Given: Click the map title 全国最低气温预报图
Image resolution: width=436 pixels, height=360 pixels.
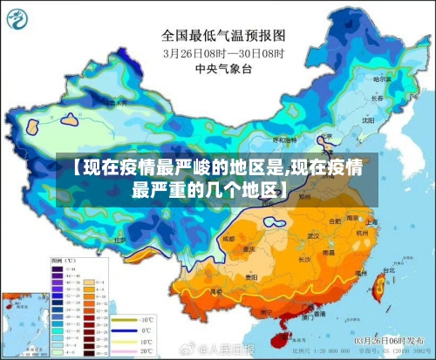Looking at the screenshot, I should coord(223,36).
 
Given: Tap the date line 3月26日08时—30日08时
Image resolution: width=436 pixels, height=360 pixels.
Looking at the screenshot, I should coord(223,52).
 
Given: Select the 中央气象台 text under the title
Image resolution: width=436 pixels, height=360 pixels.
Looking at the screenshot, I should coord(223,68).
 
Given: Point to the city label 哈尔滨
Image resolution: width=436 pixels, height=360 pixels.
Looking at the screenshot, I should coord(381,79).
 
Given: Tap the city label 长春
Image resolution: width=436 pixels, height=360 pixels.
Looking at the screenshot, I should coord(378,98).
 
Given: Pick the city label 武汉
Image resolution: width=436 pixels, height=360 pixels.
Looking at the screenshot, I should coord(315,236).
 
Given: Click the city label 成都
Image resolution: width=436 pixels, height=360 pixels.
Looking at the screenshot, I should coord(228,238).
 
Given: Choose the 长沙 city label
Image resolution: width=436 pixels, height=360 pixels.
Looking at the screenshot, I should coord(305,259).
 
